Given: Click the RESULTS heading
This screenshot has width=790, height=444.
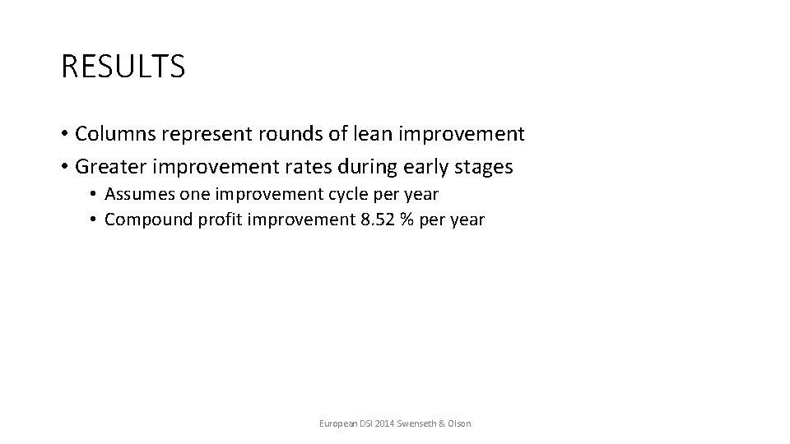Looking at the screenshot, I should pos(123,67).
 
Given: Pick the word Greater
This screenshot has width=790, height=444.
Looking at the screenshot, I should pos(110,167).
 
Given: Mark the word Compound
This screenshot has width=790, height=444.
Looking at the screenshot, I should pos(143,220).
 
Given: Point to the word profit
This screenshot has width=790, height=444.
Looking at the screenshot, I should pos(209,220).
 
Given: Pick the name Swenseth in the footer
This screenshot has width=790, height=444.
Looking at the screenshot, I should pos(417,423).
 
